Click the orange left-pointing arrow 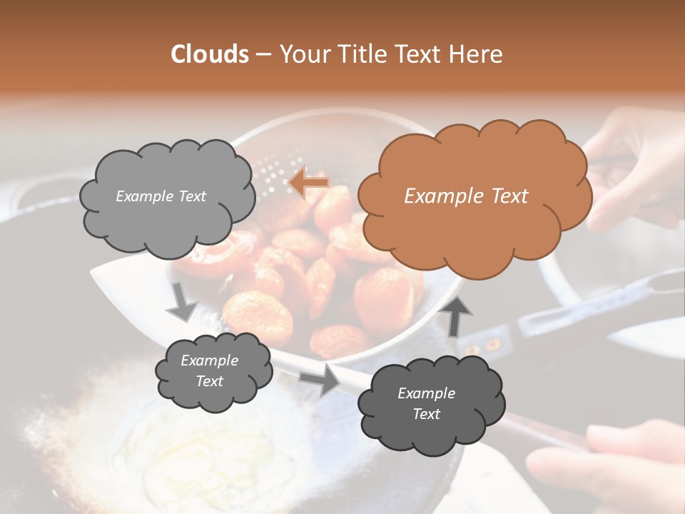click(x=309, y=183)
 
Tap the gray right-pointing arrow click(x=320, y=379)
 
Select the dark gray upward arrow click(x=457, y=316)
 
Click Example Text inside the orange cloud click(x=466, y=196)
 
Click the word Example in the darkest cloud click(x=426, y=393)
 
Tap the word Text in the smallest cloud click(x=210, y=381)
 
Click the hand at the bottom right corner click(x=614, y=464)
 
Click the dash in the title click(x=263, y=54)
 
